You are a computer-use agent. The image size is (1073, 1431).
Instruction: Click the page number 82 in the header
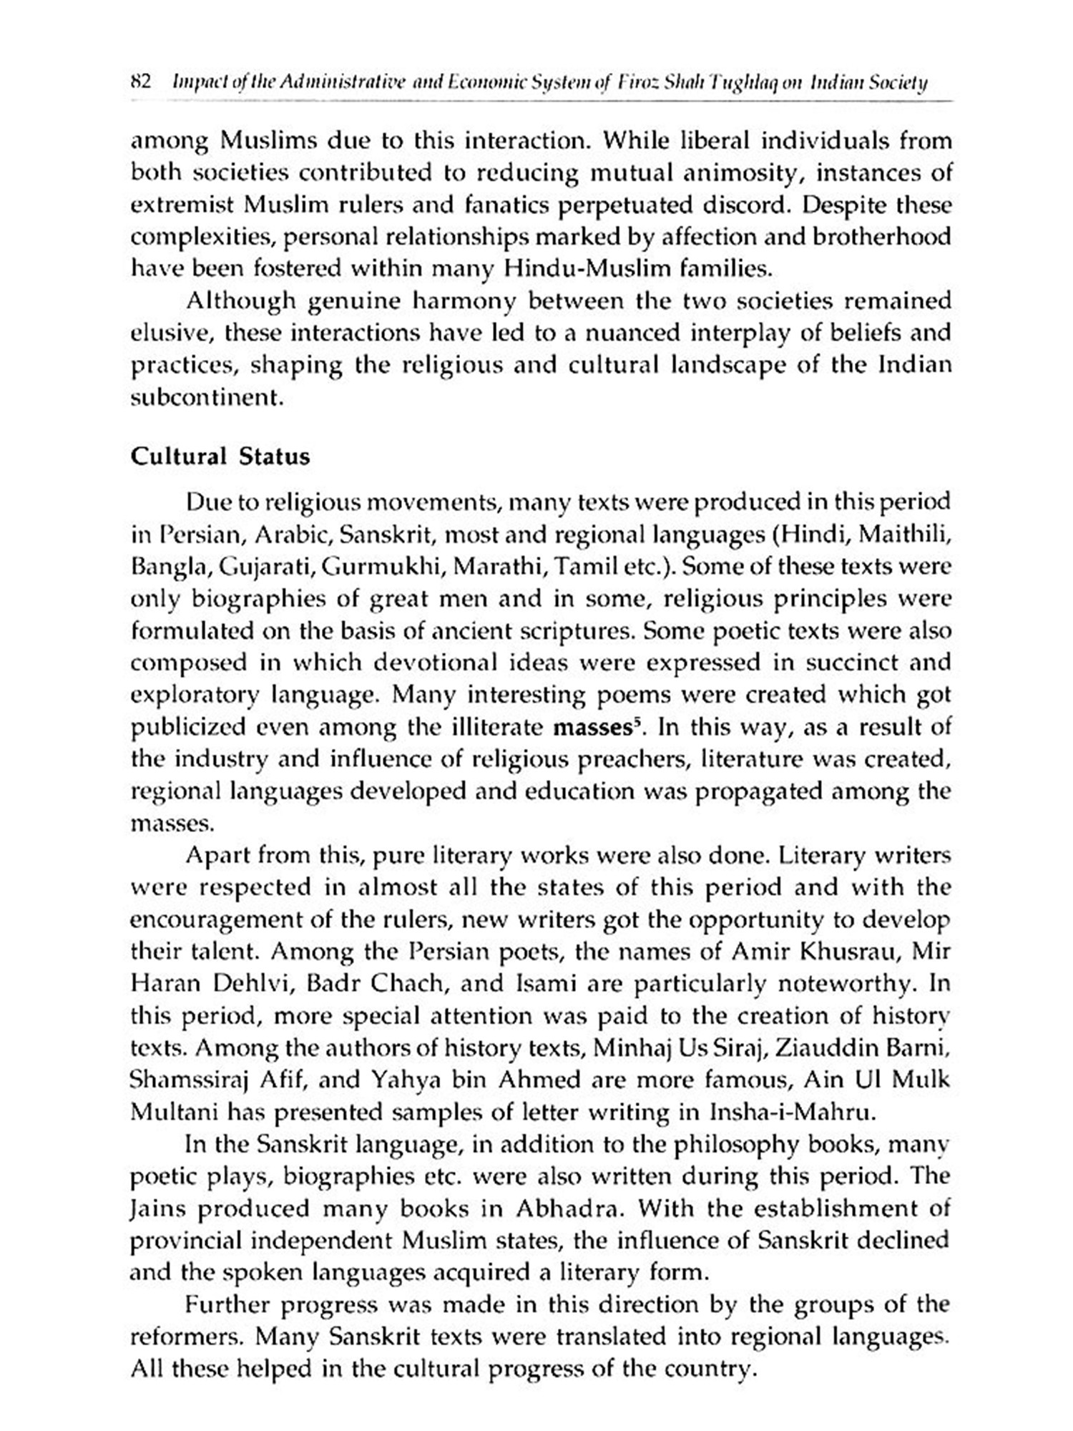(139, 83)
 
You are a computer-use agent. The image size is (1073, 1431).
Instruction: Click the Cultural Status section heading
(220, 456)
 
